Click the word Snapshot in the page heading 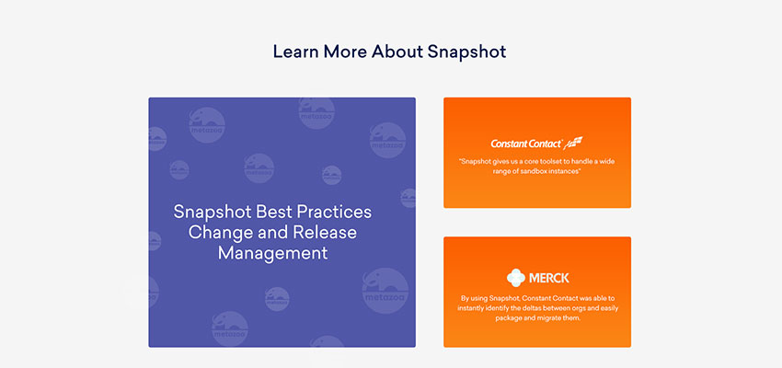tap(466, 52)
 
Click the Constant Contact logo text tap(526, 144)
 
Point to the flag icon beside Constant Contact tap(573, 143)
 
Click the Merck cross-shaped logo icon tap(516, 278)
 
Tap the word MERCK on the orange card tap(548, 278)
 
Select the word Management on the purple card tap(273, 253)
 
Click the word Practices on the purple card tap(334, 212)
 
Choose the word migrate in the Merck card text tap(552, 318)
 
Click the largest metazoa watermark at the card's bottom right tap(385, 291)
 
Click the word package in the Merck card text tap(509, 318)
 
